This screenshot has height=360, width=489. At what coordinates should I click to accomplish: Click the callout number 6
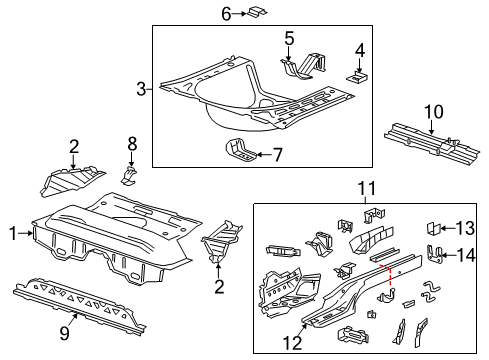[226, 13]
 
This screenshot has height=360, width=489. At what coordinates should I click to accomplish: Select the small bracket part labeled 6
[255, 12]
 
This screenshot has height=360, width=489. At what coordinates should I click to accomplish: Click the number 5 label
[289, 39]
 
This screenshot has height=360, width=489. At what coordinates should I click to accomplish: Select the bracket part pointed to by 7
[243, 153]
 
